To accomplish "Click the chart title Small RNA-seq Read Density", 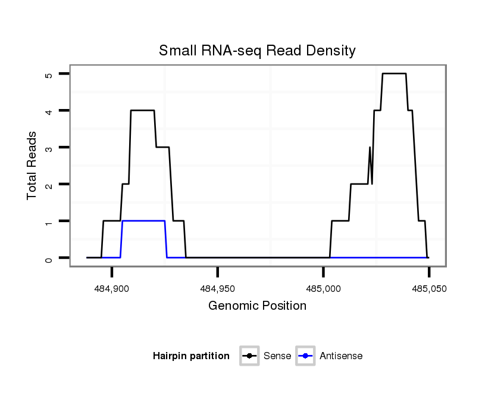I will click(x=257, y=51).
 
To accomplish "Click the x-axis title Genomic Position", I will click(x=257, y=306).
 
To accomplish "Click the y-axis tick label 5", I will click(x=49, y=74).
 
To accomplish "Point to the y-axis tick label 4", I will click(x=49, y=111).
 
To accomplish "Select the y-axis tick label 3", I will click(x=49, y=147).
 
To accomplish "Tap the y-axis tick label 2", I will click(x=49, y=184).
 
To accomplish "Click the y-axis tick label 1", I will click(x=49, y=221).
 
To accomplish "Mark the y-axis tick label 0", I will click(x=49, y=258).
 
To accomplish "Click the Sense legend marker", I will click(x=249, y=356).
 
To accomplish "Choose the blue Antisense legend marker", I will click(x=305, y=356).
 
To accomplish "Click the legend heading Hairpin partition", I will click(x=191, y=356).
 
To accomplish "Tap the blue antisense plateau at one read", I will click(x=143, y=221).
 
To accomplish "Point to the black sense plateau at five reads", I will click(x=394, y=73).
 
